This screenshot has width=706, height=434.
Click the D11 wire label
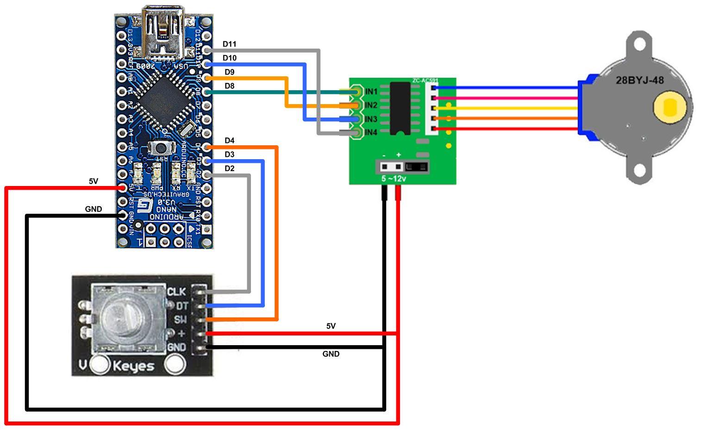point(229,44)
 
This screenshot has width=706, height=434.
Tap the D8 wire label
point(229,86)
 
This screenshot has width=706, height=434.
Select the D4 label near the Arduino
point(229,141)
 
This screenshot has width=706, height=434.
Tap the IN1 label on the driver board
point(371,92)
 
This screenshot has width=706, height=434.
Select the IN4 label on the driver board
point(371,133)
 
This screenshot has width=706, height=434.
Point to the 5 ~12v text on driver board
point(394,179)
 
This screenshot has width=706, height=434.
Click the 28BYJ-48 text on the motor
point(639,81)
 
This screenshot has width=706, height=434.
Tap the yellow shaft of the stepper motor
point(669,108)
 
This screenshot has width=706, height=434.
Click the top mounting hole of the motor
point(639,45)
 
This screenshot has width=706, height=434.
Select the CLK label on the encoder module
point(176,292)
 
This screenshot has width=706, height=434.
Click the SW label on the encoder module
point(180,320)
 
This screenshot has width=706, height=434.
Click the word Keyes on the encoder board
point(133,366)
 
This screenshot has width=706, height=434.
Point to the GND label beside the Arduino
point(94,209)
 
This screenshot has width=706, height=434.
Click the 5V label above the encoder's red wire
point(331,326)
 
